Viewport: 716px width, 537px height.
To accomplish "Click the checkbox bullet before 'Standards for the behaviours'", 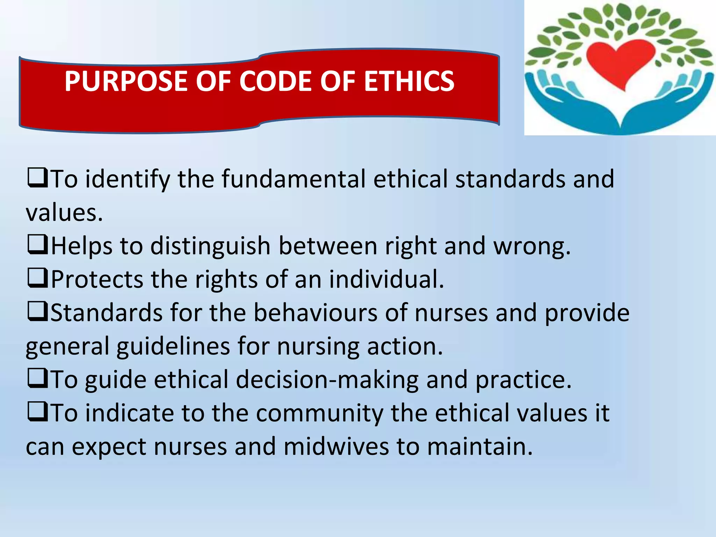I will (x=37, y=312).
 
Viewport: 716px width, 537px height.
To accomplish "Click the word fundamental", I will (x=293, y=179).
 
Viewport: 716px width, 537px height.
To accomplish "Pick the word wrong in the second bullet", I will (x=531, y=246).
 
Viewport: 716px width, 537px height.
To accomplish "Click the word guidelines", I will (x=173, y=346).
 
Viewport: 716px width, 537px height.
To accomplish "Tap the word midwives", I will (x=336, y=447).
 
